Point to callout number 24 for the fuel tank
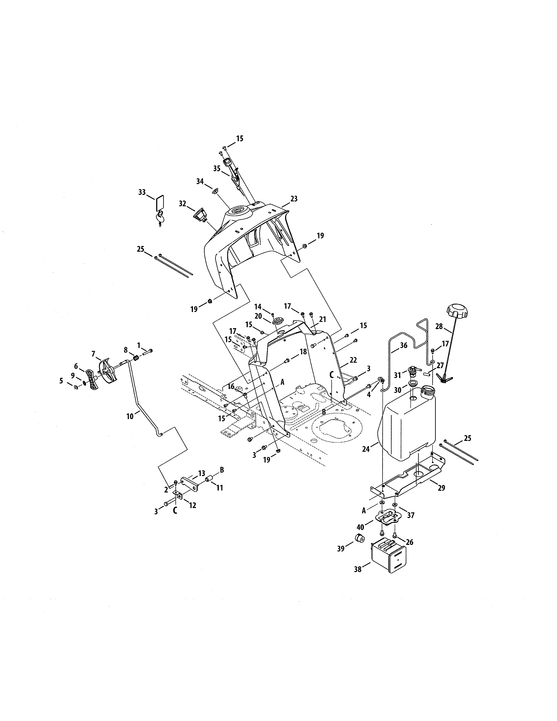[x=366, y=449]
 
